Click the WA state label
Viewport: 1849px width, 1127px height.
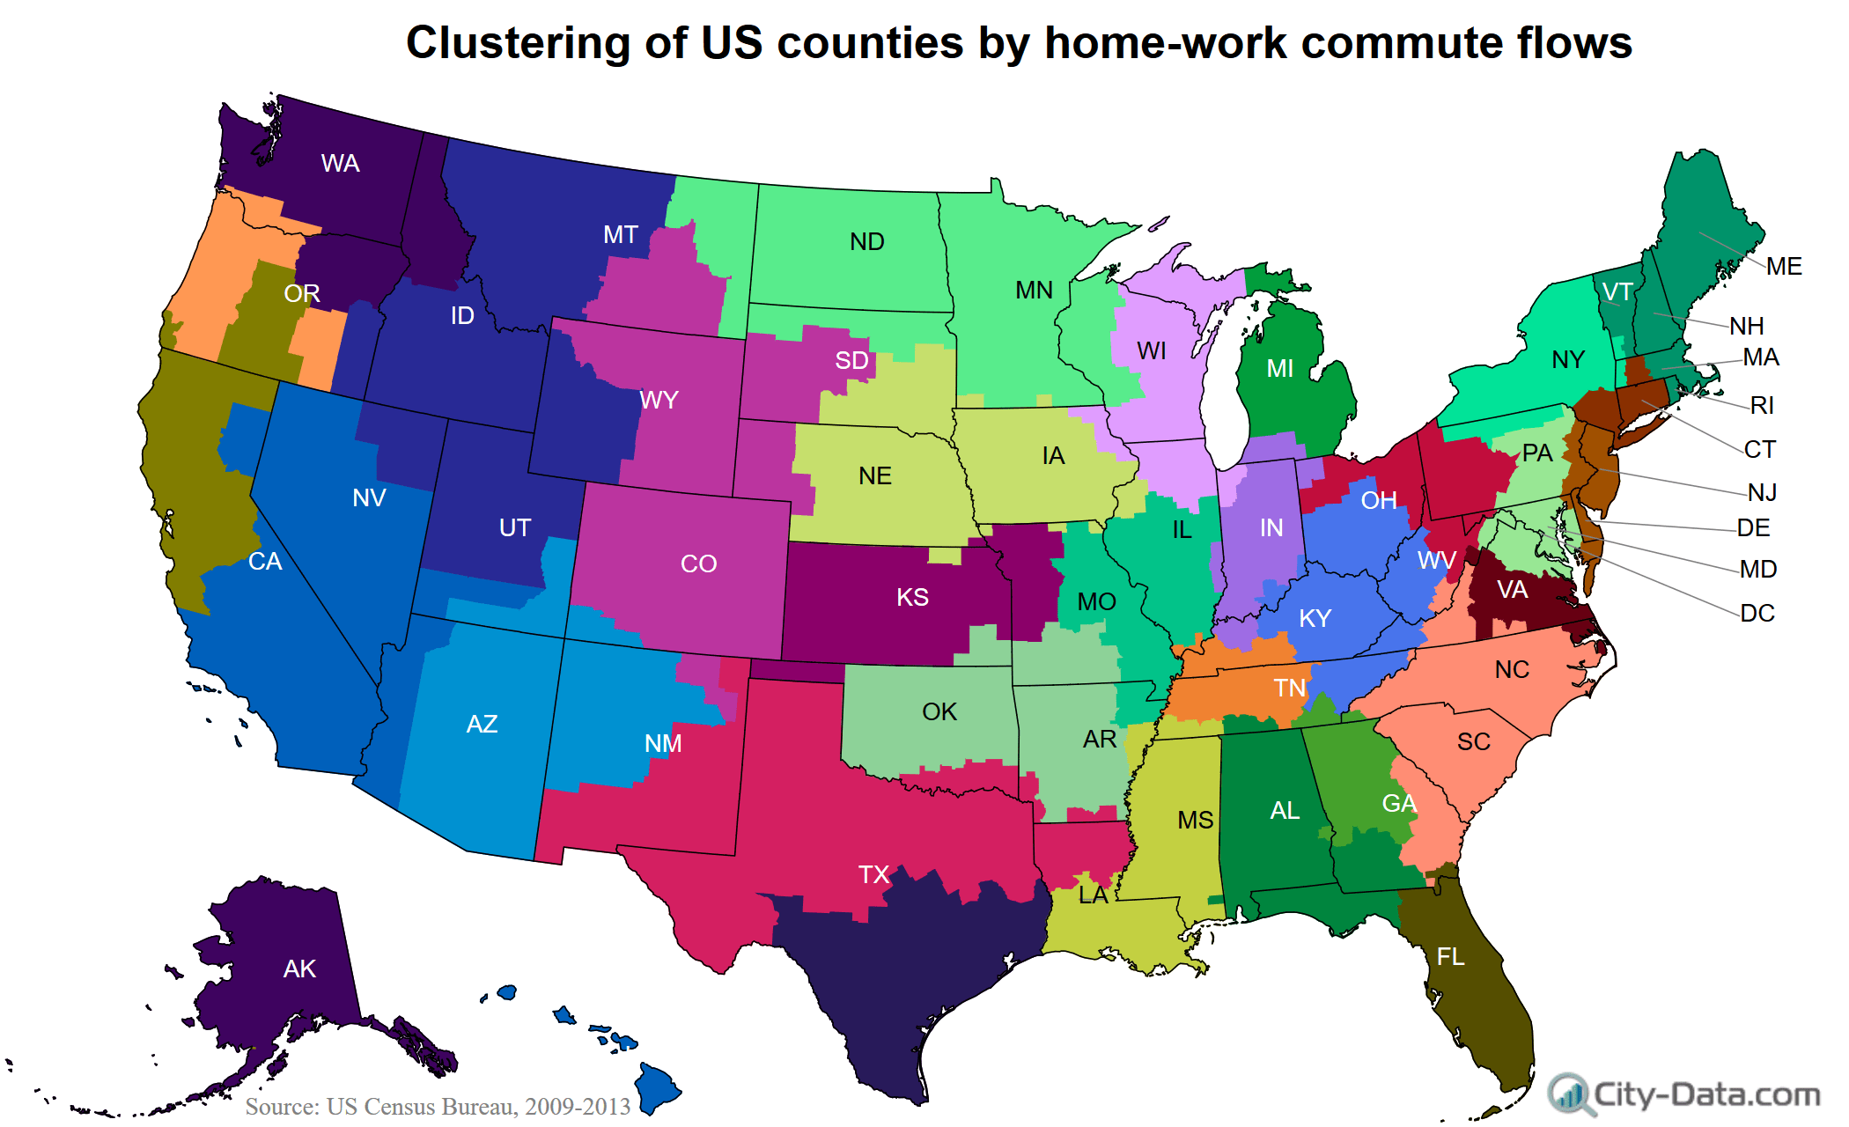(340, 164)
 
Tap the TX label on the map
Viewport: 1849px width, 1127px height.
(873, 874)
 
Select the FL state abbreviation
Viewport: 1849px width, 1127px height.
(1450, 957)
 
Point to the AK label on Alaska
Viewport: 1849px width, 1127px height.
(299, 969)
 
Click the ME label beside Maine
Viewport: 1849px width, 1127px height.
(1784, 267)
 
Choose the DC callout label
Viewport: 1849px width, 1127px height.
(1757, 614)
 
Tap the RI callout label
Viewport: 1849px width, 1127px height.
(1762, 406)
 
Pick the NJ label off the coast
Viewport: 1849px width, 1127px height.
(1762, 493)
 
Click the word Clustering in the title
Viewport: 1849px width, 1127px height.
(518, 43)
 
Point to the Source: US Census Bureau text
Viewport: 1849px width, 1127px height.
(438, 1107)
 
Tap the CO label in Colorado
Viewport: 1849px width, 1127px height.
(698, 564)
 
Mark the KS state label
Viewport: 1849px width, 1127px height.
(912, 598)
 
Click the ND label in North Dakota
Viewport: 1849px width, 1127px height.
(866, 242)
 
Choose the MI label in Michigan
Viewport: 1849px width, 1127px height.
(1279, 369)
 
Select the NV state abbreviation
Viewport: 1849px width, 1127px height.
(369, 498)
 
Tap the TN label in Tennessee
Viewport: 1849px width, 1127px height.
(1289, 689)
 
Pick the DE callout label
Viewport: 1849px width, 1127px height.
(1753, 528)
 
